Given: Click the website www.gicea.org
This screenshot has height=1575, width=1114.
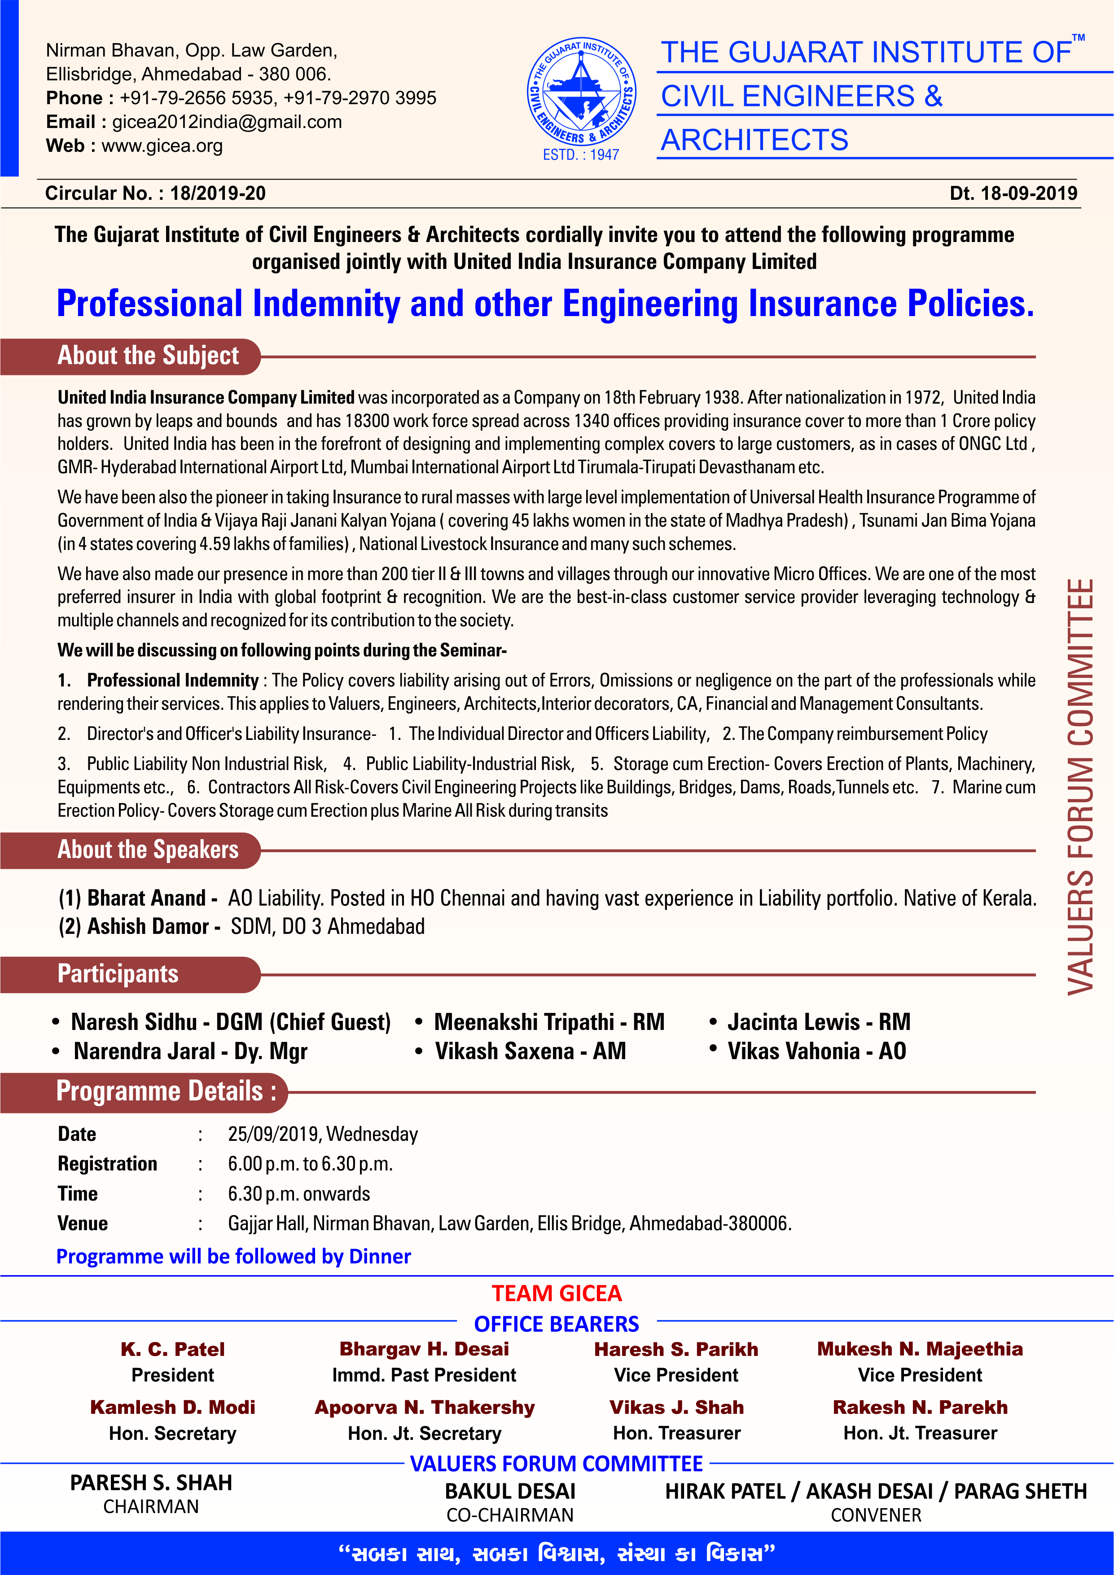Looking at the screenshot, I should click(162, 146).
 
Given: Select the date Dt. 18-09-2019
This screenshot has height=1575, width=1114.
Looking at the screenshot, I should click(1013, 194).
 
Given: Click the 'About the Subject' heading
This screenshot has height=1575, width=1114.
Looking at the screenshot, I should click(148, 356).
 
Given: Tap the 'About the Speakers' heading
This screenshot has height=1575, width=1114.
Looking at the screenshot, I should click(148, 850).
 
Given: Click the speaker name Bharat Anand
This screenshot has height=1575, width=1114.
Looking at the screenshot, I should click(146, 898).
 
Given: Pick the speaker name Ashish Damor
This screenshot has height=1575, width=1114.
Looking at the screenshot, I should click(148, 927).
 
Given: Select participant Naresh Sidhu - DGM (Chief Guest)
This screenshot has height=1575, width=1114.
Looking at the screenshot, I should click(231, 1022).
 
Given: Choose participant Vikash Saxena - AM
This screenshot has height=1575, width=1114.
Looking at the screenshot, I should click(530, 1051).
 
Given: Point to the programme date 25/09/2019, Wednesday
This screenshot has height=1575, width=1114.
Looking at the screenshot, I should click(322, 1134).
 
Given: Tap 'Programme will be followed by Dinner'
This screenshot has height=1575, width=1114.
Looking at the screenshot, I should click(233, 1257).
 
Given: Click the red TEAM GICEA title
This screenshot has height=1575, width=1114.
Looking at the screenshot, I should click(556, 1294).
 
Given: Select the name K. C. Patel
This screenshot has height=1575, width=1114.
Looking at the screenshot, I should click(173, 1349).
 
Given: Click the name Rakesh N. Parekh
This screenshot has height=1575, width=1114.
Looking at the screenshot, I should click(920, 1408).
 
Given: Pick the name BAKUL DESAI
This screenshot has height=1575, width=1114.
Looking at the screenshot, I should click(510, 1491).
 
